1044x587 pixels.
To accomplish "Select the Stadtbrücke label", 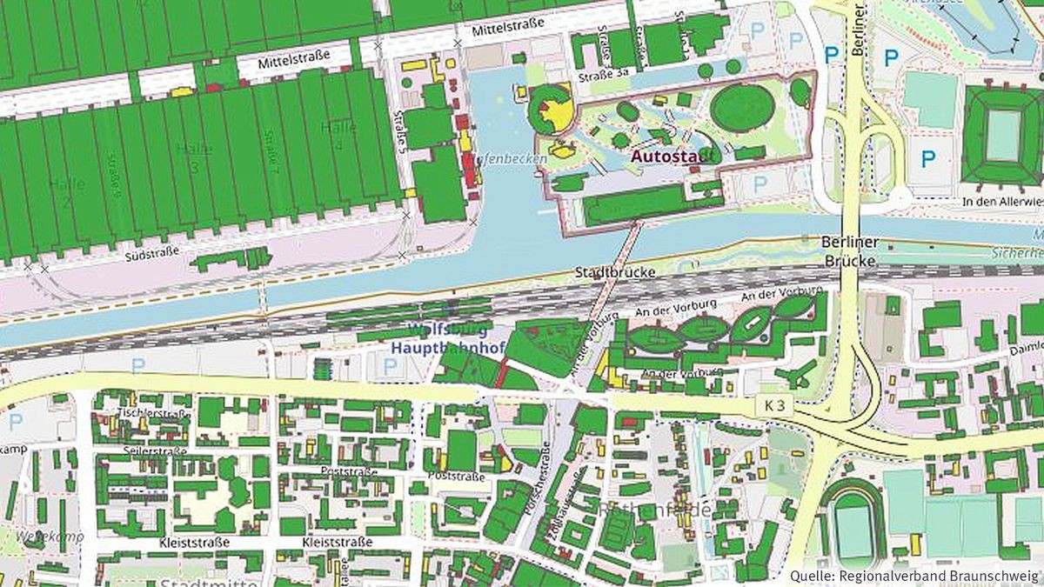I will click(614, 273).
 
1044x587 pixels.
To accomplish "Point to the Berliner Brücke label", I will click(850, 250).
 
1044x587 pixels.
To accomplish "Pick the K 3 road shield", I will click(775, 405).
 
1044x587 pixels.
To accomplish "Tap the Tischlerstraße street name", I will click(153, 412).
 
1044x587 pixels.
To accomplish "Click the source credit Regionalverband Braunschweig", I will click(914, 576).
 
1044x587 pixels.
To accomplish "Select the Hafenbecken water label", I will click(512, 159).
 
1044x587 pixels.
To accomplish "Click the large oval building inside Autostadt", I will click(741, 107).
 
